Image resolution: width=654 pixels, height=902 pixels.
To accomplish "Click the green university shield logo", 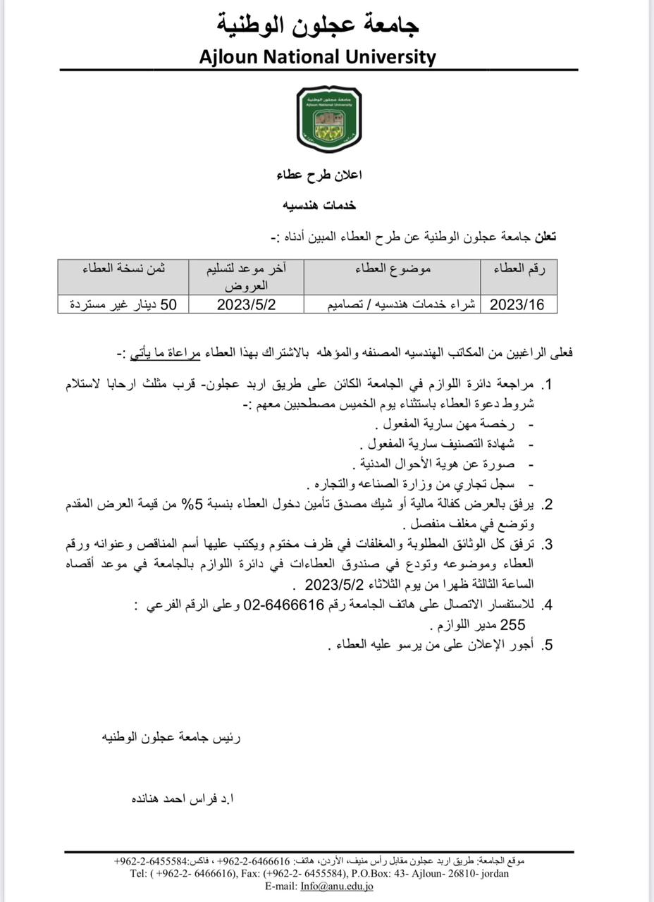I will [x=328, y=119].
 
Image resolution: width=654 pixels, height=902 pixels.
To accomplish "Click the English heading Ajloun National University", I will [x=318, y=56].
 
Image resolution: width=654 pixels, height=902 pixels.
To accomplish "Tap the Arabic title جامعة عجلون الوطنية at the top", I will [x=318, y=25].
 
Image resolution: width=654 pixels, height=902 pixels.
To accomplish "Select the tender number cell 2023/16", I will [x=518, y=304].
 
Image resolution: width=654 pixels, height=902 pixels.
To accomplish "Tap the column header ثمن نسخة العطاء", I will [x=123, y=268].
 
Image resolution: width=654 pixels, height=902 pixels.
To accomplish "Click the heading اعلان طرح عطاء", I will [x=318, y=174].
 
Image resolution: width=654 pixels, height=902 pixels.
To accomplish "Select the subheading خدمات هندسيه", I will [x=319, y=205].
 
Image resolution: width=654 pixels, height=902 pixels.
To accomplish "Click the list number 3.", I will [x=546, y=545].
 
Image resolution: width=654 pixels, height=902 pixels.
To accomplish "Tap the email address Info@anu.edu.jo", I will [x=337, y=886].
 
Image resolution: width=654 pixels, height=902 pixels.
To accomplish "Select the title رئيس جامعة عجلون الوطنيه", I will [x=171, y=738].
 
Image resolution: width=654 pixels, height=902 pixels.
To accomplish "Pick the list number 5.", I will [x=546, y=645].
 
